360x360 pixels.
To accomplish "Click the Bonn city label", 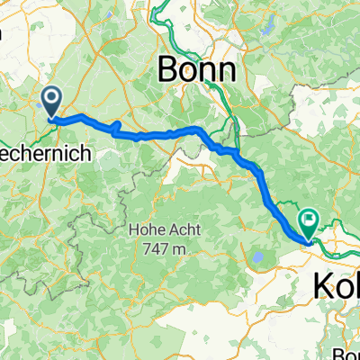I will [x=197, y=68].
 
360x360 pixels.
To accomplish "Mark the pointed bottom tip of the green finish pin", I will [x=309, y=238].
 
